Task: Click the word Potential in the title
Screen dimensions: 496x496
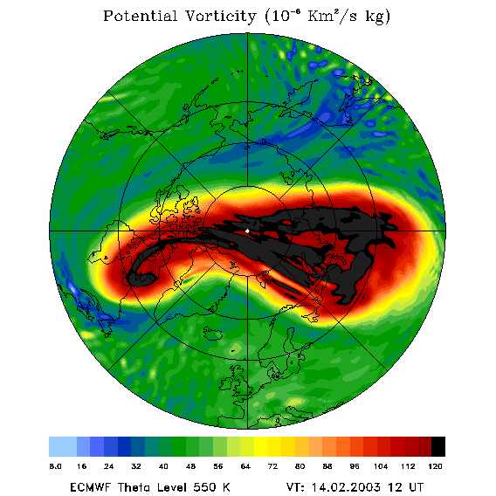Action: coord(140,16)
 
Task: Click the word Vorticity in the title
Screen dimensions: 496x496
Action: coord(220,16)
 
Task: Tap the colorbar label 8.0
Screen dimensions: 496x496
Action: coord(56,466)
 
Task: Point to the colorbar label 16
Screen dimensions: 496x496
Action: coord(81,466)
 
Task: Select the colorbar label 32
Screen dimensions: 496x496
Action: coord(136,466)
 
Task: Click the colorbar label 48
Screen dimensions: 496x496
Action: coord(190,466)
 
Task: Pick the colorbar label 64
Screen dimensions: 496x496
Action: coord(245,466)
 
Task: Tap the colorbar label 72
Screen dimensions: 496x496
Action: coord(272,466)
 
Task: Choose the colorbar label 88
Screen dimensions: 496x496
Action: coord(327,466)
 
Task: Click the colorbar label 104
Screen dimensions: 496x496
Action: coord(381,466)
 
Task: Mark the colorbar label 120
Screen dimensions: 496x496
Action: coord(435,466)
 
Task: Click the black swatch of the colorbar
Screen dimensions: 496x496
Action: coord(438,446)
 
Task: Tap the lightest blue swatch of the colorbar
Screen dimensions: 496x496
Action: coord(63,446)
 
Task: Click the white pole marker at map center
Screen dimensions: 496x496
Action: coord(247,231)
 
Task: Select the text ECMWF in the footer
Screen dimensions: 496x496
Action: coord(90,487)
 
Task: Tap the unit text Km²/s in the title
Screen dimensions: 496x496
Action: coord(333,16)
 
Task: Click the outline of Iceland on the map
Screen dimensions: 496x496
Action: coord(213,333)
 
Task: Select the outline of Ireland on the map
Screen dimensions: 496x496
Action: coord(227,383)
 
